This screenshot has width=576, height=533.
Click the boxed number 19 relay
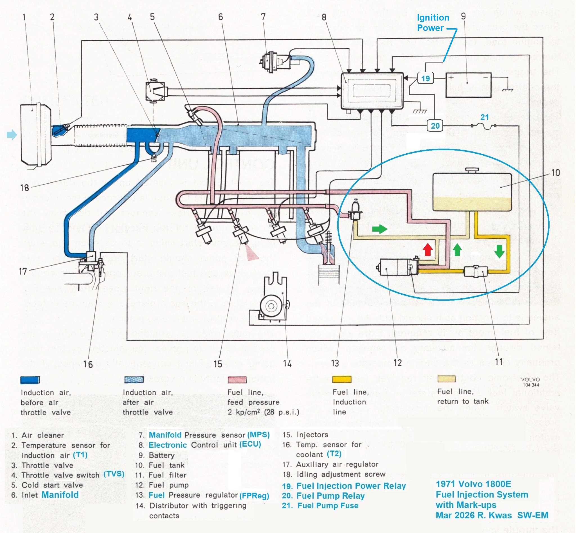point(426,78)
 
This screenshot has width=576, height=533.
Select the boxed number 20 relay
point(435,126)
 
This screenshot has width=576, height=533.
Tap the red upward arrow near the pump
point(428,250)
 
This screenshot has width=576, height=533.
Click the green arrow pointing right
point(380,229)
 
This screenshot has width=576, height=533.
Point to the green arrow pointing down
point(499,251)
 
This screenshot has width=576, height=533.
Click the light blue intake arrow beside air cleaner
point(12,135)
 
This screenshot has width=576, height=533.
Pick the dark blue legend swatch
point(30,380)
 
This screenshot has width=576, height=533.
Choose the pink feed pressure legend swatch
point(237,380)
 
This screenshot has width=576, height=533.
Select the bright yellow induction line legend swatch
point(342,379)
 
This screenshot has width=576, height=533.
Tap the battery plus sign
point(451,77)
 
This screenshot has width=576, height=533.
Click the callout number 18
point(24,188)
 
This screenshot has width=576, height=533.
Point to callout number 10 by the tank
point(555,173)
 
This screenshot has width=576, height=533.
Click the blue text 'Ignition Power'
point(433,23)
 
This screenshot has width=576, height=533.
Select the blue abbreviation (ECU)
point(250,444)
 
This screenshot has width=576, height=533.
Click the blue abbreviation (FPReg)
point(254,496)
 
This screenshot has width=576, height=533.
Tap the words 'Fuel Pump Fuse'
point(328,506)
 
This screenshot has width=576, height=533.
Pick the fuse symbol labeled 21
point(483,126)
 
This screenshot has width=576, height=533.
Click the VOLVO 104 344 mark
point(530,382)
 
